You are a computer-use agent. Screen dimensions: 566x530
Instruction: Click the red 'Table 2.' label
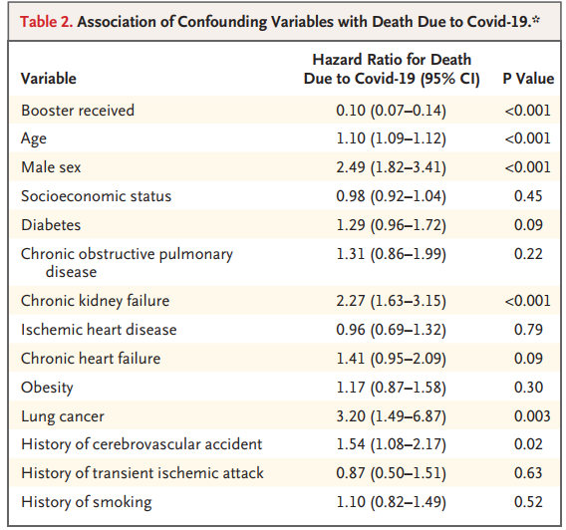[x=46, y=22]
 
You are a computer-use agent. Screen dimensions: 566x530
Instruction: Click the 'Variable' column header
[x=49, y=79]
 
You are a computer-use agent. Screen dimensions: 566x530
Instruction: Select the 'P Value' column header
[x=528, y=79]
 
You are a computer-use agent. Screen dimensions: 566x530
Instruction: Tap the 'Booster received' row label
[x=78, y=110]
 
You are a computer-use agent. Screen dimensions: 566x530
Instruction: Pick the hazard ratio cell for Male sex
[x=392, y=167]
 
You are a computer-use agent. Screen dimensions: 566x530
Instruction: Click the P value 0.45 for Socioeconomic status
[x=528, y=196]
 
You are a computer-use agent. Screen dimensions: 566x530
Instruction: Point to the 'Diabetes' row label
[x=51, y=225]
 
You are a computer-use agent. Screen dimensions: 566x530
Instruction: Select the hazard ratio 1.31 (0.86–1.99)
[x=392, y=254]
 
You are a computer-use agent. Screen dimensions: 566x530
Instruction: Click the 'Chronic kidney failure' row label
[x=96, y=301]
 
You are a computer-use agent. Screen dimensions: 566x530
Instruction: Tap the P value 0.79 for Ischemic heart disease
[x=528, y=330]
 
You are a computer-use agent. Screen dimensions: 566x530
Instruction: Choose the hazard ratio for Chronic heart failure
[x=392, y=359]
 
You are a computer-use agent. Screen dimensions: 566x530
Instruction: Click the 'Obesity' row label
[x=47, y=388]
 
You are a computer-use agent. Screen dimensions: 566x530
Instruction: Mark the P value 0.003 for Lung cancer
[x=532, y=416]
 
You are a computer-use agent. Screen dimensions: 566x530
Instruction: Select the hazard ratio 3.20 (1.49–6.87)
[x=392, y=416]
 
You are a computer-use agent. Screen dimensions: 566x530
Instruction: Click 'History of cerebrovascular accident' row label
[x=141, y=444]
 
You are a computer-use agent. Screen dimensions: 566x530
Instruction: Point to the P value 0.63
[x=528, y=473]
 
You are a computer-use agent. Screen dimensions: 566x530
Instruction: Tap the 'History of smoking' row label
[x=87, y=502]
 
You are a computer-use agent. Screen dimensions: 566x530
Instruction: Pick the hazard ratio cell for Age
[x=392, y=138]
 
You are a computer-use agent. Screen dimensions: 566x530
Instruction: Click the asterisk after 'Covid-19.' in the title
[x=536, y=19]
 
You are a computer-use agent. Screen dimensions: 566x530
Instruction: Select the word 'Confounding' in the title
[x=222, y=22]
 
